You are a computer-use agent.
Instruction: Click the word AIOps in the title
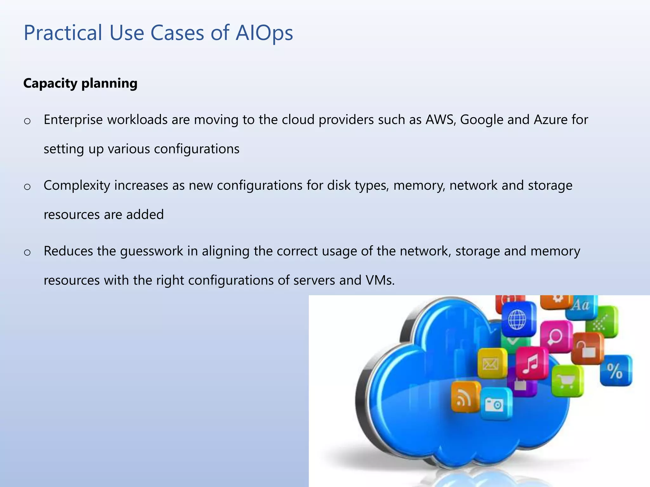[264, 33]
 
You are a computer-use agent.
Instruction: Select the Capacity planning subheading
[80, 83]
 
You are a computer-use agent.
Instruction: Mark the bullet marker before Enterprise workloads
[27, 121]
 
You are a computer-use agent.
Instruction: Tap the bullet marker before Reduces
[27, 252]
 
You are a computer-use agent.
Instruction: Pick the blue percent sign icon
[615, 371]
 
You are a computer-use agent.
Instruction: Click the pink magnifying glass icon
[555, 336]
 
